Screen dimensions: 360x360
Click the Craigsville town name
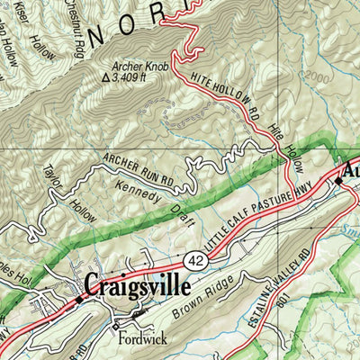(137, 287)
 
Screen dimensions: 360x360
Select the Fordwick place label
(137, 339)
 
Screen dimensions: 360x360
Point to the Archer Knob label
(141, 66)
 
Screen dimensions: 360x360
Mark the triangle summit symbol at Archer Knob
(106, 78)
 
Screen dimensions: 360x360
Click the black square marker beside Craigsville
(78, 300)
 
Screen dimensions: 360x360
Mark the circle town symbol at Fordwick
(115, 326)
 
